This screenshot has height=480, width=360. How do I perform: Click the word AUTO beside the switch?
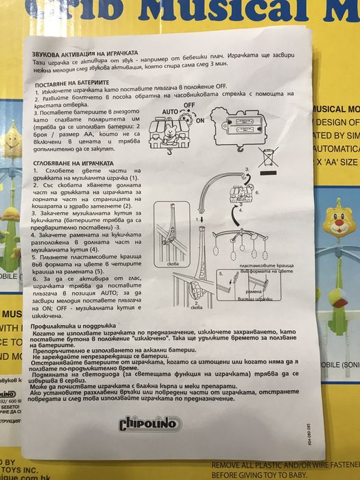tap(169, 110)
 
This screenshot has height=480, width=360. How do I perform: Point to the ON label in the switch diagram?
tap(200, 119)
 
